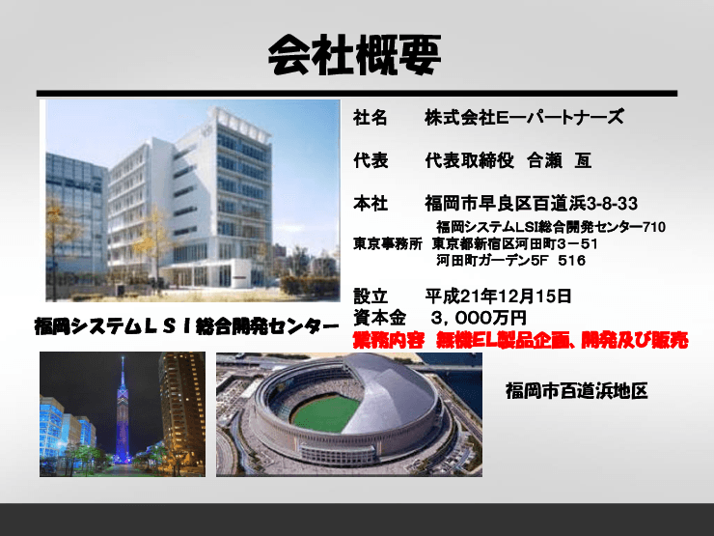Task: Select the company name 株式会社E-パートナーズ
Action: tap(524, 118)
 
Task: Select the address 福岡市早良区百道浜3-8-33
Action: tap(531, 204)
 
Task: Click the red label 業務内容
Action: tap(385, 339)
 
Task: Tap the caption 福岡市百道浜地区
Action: tap(576, 391)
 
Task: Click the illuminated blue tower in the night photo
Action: tap(123, 406)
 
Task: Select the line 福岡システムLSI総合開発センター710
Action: tap(551, 227)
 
